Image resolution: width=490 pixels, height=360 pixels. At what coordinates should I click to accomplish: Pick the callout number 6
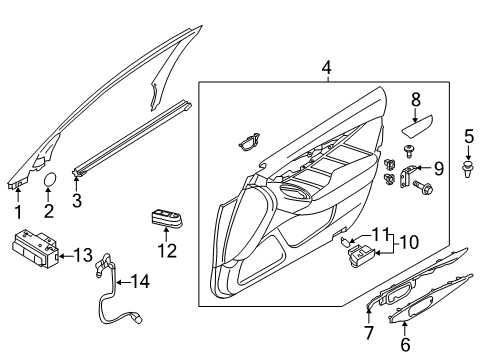click(406, 343)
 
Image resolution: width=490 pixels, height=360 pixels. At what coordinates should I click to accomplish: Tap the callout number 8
click(417, 99)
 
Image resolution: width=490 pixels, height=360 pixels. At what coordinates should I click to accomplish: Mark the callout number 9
click(437, 168)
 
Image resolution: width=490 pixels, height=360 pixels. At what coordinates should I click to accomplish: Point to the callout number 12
click(167, 250)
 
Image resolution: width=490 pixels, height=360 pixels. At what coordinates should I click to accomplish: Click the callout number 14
click(140, 283)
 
